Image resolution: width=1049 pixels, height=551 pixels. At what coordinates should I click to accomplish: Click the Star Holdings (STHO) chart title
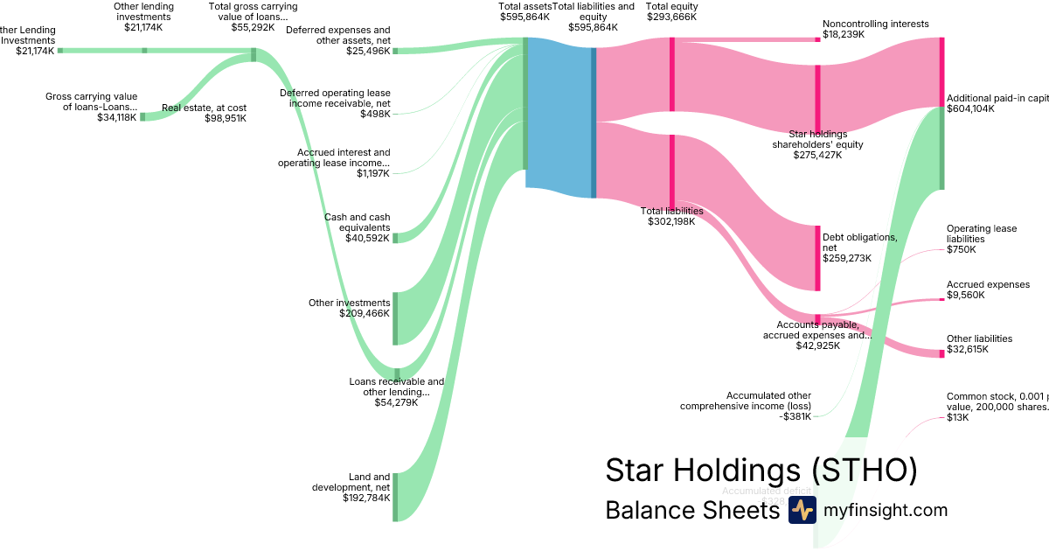point(761,470)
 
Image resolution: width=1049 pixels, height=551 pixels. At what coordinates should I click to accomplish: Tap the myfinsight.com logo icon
point(802,510)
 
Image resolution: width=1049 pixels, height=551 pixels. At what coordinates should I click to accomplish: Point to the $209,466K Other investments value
point(365,313)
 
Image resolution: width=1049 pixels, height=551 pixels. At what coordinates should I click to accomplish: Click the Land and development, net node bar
point(395,496)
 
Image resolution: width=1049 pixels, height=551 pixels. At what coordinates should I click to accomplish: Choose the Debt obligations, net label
point(860,242)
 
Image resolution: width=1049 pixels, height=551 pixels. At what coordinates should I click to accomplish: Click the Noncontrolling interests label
point(875,24)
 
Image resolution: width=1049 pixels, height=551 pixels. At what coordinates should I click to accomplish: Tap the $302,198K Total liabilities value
point(670,221)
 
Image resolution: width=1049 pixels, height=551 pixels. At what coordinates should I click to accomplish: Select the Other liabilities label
point(979,338)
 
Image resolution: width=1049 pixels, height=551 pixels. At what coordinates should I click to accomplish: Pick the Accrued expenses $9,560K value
point(965,295)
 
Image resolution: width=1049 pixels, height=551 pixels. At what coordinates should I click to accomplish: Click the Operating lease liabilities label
point(981,234)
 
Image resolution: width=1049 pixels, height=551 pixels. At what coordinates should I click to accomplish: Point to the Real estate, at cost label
point(204,108)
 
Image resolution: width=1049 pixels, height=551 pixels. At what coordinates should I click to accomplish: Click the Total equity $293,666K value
point(671,17)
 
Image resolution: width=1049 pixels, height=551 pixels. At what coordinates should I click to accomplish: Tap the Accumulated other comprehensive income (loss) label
point(745,401)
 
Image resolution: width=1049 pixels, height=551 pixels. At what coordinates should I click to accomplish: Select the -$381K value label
point(796,416)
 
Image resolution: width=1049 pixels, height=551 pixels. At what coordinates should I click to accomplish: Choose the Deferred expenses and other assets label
point(338,35)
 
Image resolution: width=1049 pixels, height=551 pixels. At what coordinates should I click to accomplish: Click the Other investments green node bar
point(395,318)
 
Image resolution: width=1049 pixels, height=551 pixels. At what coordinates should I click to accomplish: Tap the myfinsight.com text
point(886,510)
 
